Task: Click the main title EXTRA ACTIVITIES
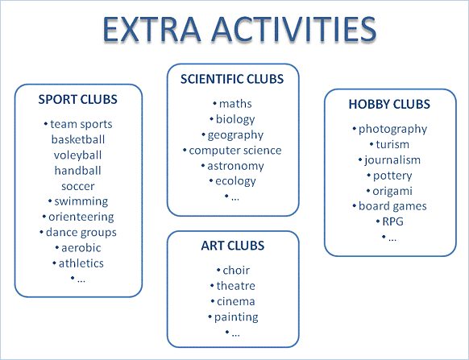tap(239, 29)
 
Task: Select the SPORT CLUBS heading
tap(78, 99)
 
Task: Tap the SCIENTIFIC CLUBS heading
tap(232, 79)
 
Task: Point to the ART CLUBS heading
tap(233, 246)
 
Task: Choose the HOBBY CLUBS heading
tap(389, 104)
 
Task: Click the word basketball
tap(78, 139)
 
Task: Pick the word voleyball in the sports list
tap(78, 155)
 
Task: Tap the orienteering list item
tap(81, 217)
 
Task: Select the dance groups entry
tap(81, 233)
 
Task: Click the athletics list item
tap(81, 263)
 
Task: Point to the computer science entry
tap(235, 151)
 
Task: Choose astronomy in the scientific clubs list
tap(235, 166)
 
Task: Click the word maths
tap(235, 104)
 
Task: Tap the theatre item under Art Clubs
tap(236, 286)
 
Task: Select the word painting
tap(236, 317)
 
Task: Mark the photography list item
tap(393, 130)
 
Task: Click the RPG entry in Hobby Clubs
tap(393, 221)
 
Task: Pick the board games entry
tap(392, 206)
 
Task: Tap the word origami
tap(392, 191)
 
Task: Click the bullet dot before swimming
tap(50, 201)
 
